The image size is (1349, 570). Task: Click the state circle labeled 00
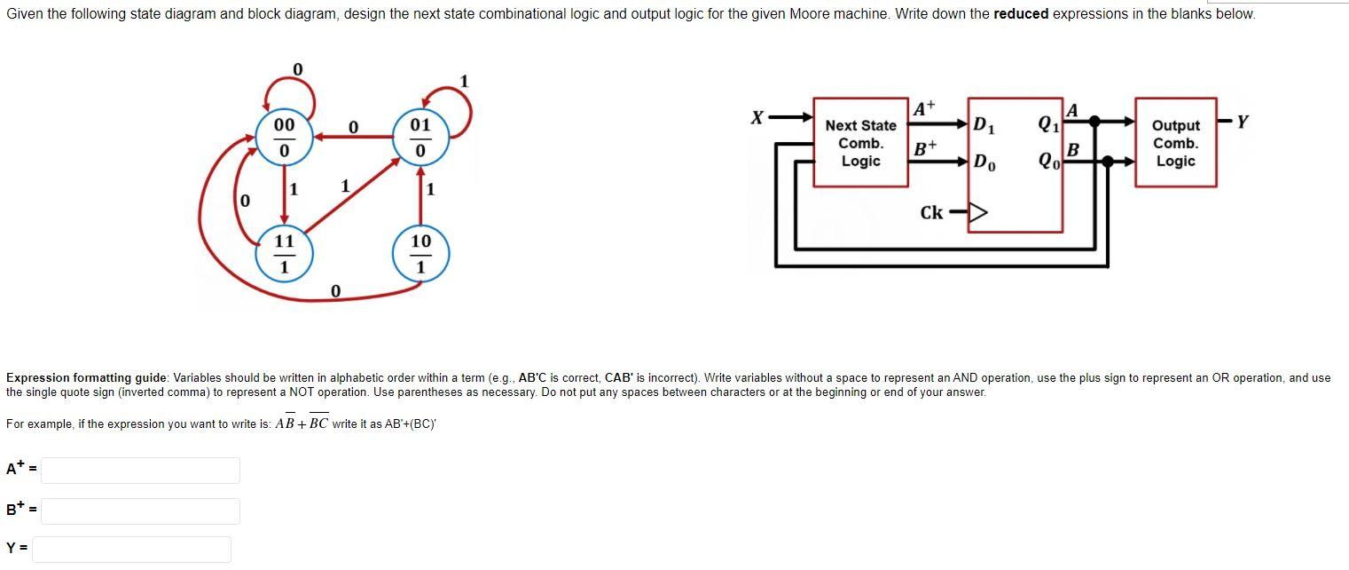pyautogui.click(x=284, y=137)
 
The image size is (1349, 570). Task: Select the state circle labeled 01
pyautogui.click(x=420, y=137)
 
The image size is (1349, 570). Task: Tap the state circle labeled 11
pyautogui.click(x=284, y=253)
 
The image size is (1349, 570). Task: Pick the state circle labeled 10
pyautogui.click(x=420, y=253)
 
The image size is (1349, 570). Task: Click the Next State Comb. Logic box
pyautogui.click(x=860, y=143)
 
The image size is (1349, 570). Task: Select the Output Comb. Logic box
pyautogui.click(x=1175, y=143)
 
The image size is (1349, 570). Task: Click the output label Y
pyautogui.click(x=1242, y=123)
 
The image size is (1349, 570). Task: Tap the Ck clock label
pyautogui.click(x=931, y=213)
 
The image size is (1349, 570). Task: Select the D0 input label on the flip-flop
pyautogui.click(x=984, y=162)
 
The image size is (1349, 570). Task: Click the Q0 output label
pyautogui.click(x=1048, y=162)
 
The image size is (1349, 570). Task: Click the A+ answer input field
pyautogui.click(x=140, y=471)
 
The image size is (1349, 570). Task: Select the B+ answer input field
pyautogui.click(x=140, y=511)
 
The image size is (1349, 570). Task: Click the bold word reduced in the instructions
pyautogui.click(x=1022, y=14)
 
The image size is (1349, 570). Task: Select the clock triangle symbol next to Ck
pyautogui.click(x=976, y=213)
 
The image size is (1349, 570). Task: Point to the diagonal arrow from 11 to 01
pyautogui.click(x=353, y=200)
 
